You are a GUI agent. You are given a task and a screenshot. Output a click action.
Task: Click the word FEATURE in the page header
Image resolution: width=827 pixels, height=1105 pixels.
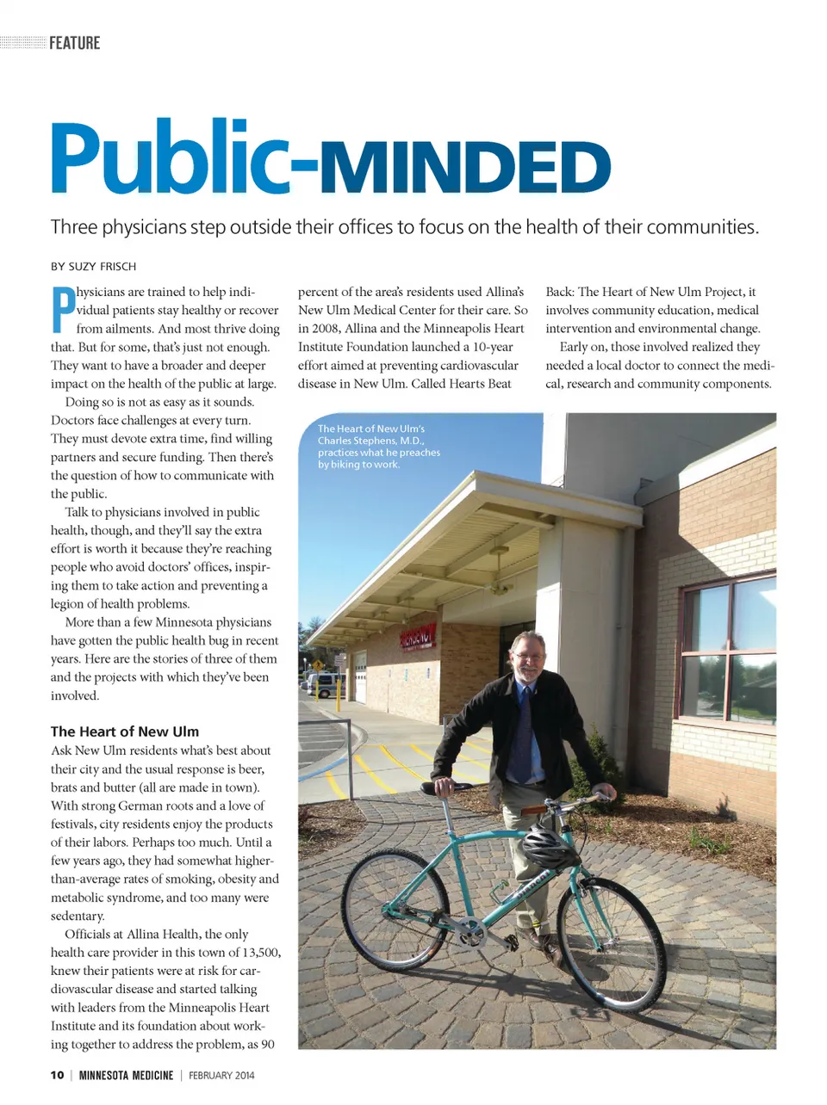(74, 43)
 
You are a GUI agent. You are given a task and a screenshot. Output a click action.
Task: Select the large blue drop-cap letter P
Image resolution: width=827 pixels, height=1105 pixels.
(62, 310)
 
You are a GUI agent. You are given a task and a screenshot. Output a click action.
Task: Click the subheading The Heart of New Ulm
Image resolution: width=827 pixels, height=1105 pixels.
(125, 732)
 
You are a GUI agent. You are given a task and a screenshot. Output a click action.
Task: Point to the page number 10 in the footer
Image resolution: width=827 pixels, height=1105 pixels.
(57, 1075)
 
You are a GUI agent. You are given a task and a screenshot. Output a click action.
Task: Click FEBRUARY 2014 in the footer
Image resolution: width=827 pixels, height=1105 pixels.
(221, 1075)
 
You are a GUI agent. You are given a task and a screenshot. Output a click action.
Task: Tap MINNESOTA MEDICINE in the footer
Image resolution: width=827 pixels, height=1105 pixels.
(126, 1075)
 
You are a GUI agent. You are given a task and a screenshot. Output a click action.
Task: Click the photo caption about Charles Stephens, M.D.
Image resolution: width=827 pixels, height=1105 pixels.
(378, 446)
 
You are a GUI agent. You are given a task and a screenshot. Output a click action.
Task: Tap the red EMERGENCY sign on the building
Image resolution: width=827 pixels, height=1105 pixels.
(417, 638)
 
